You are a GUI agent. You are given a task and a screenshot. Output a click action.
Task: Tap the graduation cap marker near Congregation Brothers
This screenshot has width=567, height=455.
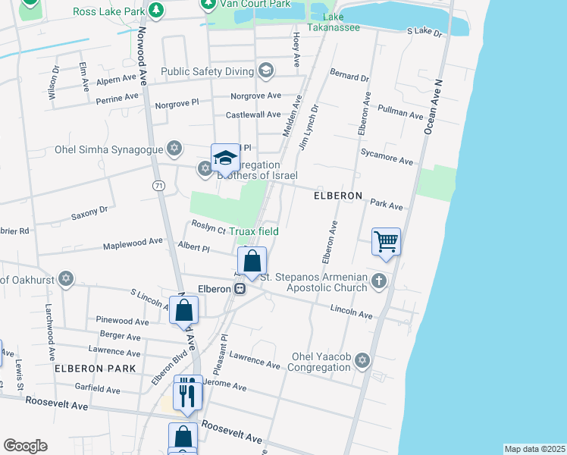click(225, 158)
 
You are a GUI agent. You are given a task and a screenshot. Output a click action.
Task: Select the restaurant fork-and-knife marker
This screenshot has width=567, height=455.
click(186, 394)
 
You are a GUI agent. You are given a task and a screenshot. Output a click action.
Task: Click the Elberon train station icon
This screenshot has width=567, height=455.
click(240, 289)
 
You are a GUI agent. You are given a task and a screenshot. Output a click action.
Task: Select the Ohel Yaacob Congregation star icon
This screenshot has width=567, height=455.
click(362, 359)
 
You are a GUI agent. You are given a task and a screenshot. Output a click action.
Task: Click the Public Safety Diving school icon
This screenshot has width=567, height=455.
click(265, 72)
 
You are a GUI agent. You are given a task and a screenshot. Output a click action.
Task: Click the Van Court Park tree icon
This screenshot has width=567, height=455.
click(208, 5)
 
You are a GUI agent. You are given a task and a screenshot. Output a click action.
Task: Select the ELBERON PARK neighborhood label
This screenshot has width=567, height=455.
click(95, 369)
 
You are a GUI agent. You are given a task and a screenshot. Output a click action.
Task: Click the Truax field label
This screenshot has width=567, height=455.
click(254, 231)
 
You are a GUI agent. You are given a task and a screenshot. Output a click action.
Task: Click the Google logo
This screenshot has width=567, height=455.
click(25, 446)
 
